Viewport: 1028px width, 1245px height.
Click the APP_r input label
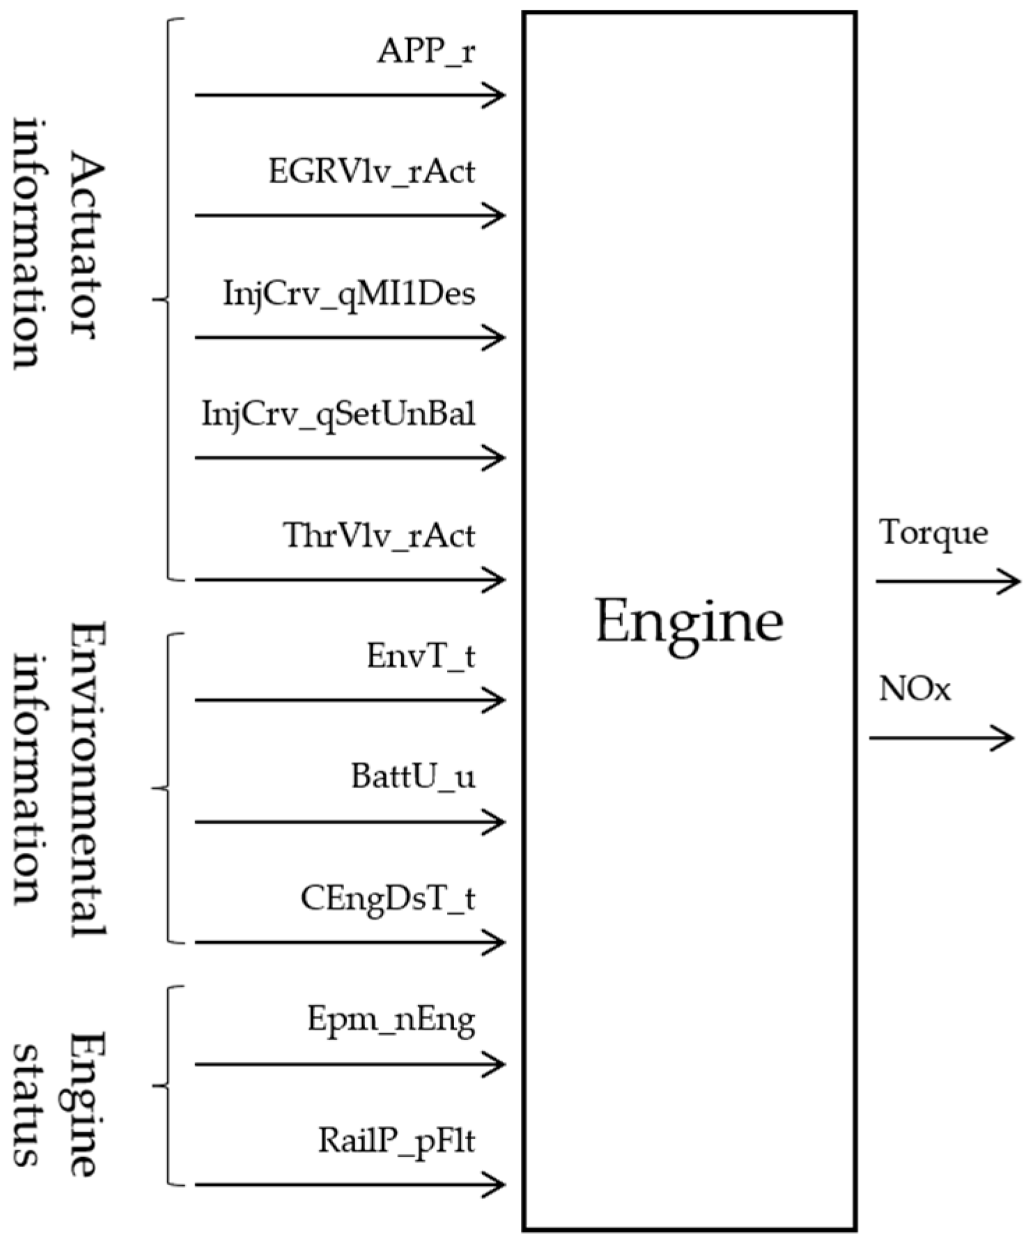point(426,52)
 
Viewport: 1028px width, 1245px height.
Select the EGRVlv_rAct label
point(372,172)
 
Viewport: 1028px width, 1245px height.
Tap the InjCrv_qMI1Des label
point(350,293)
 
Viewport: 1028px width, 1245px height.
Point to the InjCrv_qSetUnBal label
point(339,414)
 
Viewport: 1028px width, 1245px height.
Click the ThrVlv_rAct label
point(379,536)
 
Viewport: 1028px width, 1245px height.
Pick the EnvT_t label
point(421,656)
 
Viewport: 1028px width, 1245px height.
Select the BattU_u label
point(413,777)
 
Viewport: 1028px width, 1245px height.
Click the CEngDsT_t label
point(388,898)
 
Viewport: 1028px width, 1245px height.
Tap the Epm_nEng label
point(391,1021)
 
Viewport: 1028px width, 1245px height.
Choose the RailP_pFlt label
point(397,1141)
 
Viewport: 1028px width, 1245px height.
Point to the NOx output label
point(914,690)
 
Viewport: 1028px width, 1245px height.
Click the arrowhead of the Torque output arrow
point(1011,580)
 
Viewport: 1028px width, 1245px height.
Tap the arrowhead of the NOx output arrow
point(1004,737)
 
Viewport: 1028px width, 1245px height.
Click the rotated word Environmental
point(86,779)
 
